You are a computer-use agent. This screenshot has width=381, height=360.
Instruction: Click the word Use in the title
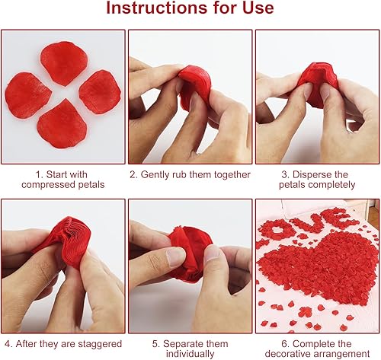coord(258,8)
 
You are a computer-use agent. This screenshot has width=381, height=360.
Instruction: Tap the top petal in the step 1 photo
coord(64,63)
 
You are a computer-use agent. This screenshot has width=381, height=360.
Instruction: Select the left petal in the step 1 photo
coord(27,95)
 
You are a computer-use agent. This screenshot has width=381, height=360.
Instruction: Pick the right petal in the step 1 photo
coord(100,91)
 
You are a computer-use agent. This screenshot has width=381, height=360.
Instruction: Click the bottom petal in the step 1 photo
coord(62,124)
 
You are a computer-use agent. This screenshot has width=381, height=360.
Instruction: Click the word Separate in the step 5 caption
coord(181,344)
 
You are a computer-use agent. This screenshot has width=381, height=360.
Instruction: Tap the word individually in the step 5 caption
coord(190,354)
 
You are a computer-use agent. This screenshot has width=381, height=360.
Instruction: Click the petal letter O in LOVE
coord(276,229)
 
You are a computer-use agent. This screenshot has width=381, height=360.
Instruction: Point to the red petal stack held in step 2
coord(195,85)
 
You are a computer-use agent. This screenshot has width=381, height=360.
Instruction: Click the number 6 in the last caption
coord(284,344)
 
